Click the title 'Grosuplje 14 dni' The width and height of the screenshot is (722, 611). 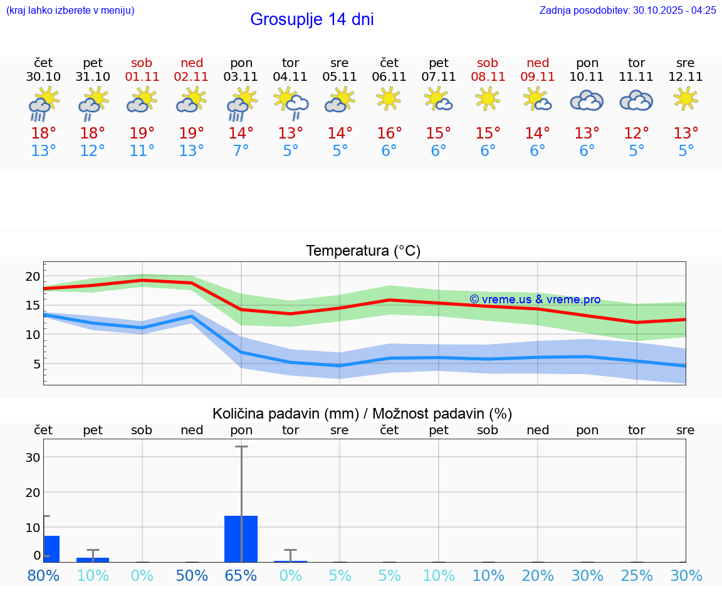tap(311, 19)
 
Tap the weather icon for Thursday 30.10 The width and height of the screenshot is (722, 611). tap(43, 104)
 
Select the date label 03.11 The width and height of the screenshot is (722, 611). tap(241, 77)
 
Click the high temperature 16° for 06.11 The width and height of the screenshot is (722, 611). tap(389, 133)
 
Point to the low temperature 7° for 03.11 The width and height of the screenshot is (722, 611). tap(241, 151)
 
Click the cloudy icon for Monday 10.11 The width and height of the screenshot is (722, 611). tap(587, 100)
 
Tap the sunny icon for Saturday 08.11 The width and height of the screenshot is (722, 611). tap(488, 98)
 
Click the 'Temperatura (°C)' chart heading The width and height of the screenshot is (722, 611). tap(363, 251)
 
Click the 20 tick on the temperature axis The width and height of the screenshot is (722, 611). tap(33, 277)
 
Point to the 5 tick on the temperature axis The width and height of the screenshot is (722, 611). tap(36, 364)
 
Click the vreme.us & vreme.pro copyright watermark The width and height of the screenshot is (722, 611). tap(535, 300)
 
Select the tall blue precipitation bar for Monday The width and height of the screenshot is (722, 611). tap(241, 538)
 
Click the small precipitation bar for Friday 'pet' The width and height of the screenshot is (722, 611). tap(93, 559)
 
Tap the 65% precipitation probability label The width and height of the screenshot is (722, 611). tap(241, 575)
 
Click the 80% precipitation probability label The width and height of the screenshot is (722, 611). tap(43, 575)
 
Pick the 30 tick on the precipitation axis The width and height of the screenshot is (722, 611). tap(33, 457)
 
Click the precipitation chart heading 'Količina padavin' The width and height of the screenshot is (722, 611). tap(362, 414)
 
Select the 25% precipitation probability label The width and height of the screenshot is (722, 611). tap(637, 575)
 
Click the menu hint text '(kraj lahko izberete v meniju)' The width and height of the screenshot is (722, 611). tap(70, 10)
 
